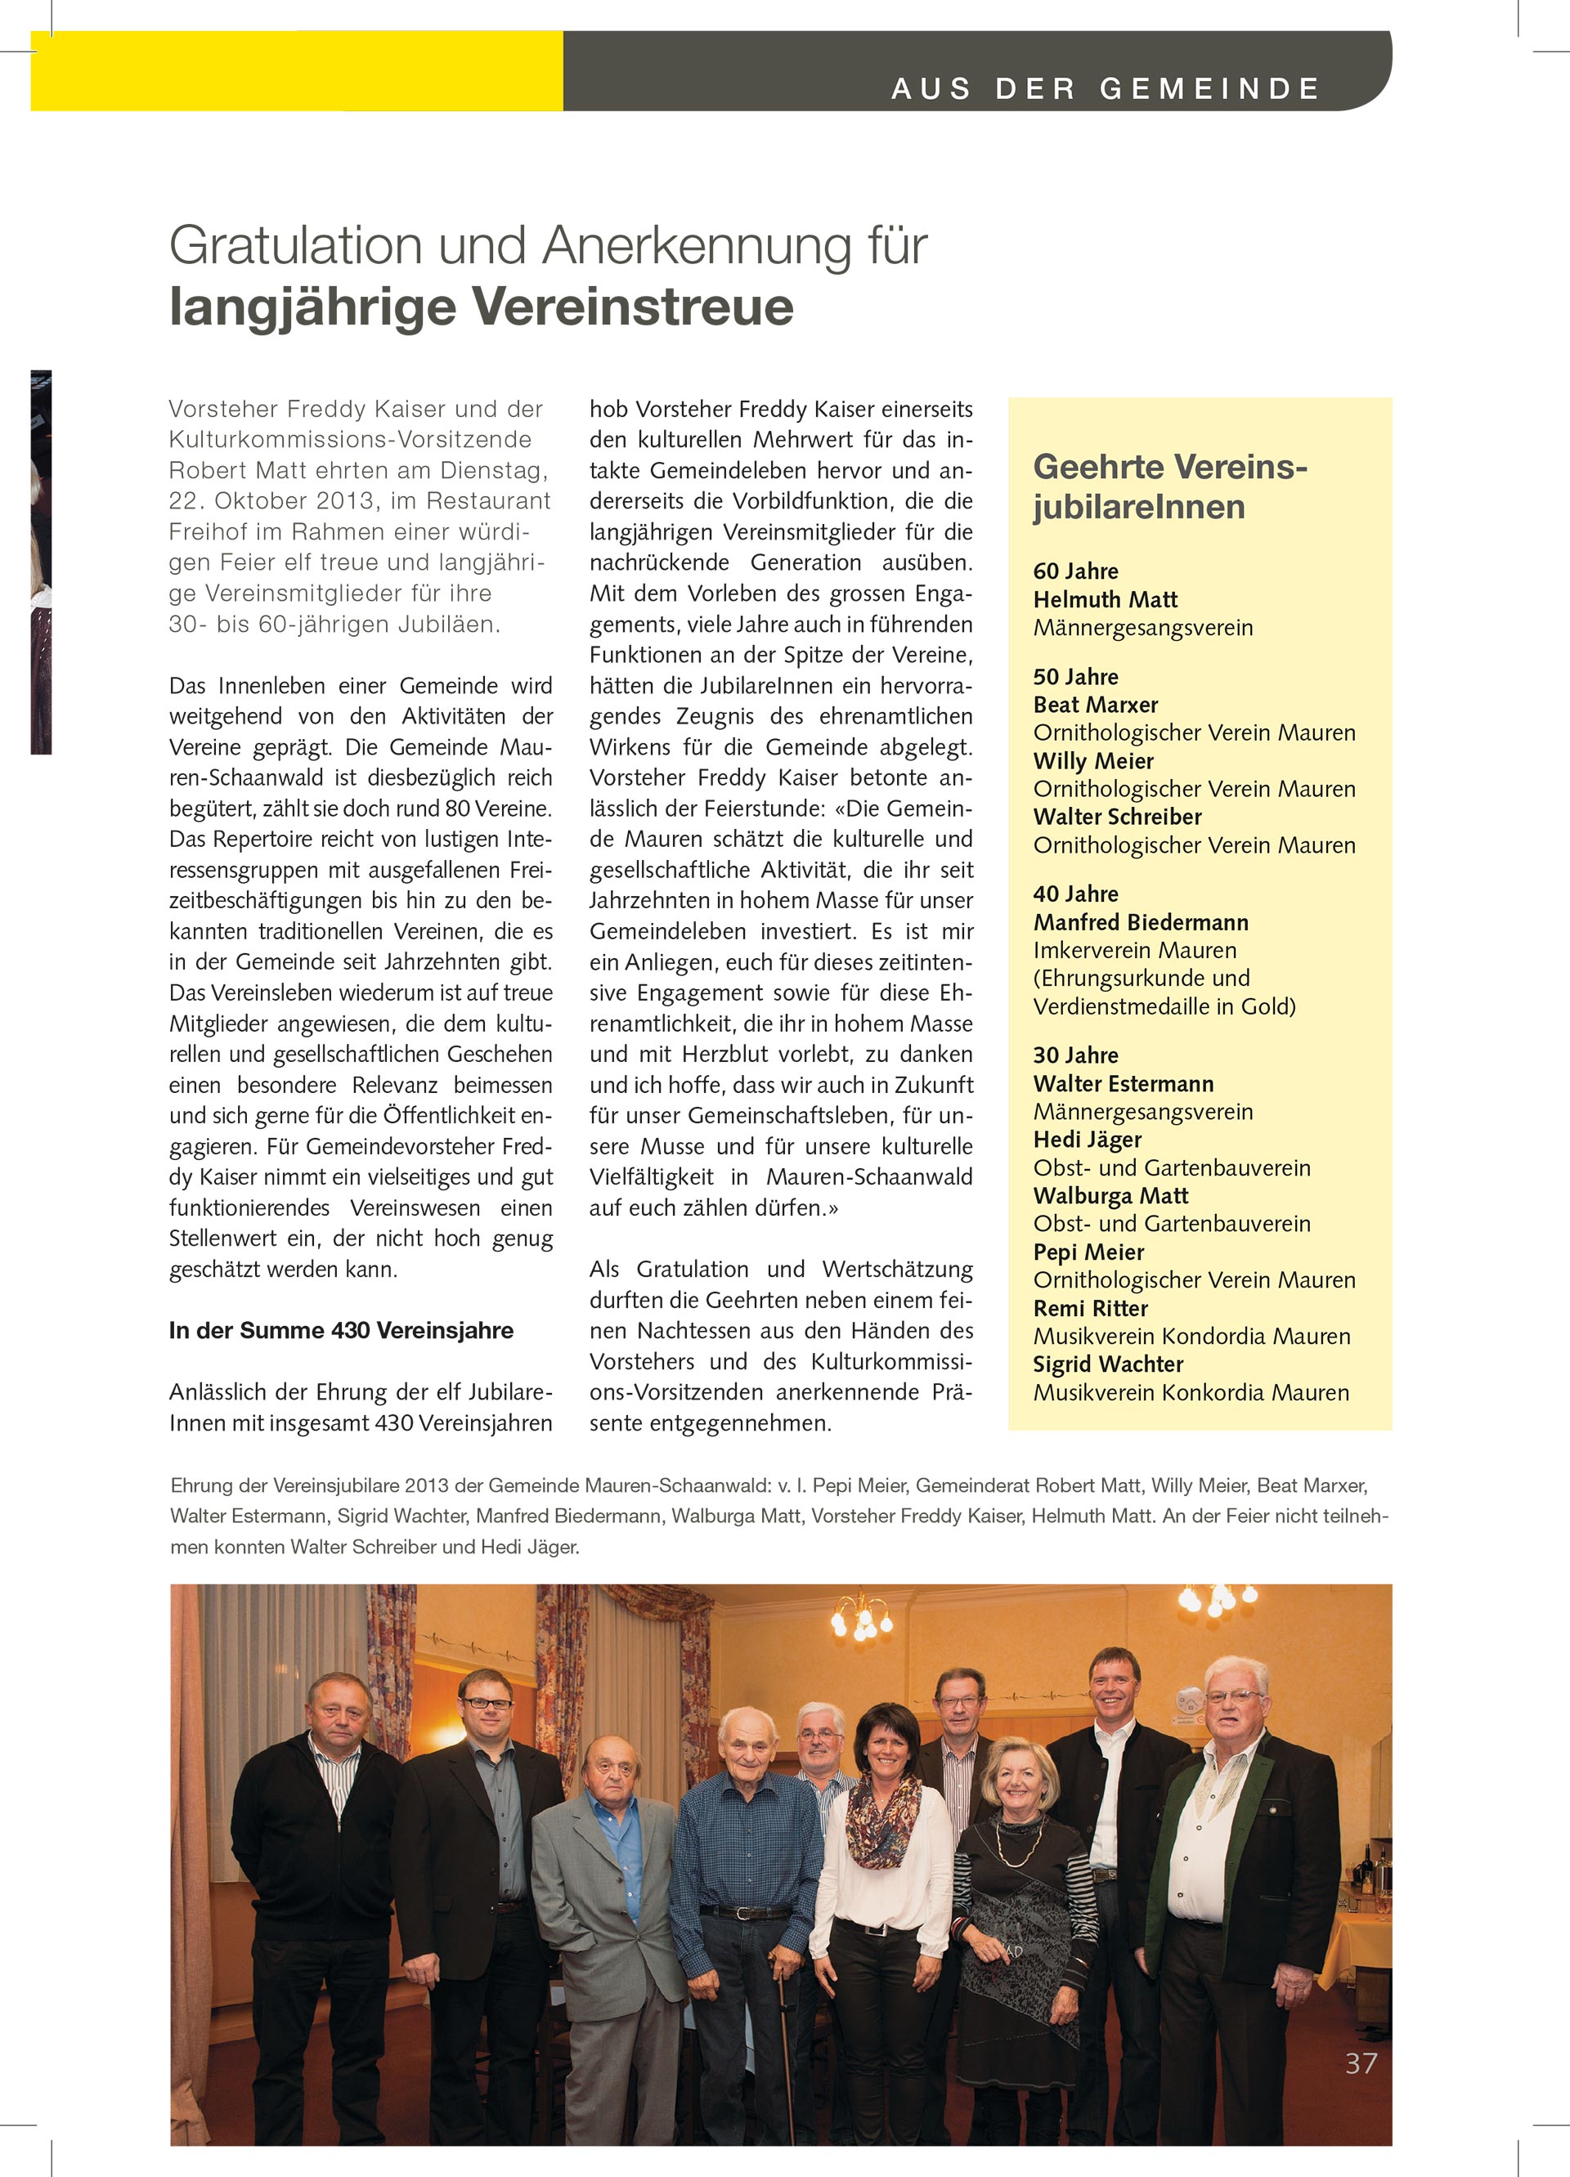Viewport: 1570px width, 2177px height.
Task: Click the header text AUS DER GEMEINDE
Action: (x=1106, y=89)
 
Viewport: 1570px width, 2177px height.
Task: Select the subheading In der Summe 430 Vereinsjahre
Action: (x=341, y=1330)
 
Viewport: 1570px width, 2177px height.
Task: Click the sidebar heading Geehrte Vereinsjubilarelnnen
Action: (x=1169, y=486)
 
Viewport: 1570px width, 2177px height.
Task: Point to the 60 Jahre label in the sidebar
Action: (x=1075, y=571)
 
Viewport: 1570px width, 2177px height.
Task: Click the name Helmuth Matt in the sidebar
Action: (x=1104, y=600)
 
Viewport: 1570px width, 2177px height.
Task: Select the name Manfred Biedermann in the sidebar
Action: (x=1141, y=922)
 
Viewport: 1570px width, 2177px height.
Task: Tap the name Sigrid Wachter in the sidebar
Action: (x=1107, y=1364)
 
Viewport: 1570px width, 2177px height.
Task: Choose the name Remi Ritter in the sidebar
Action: (x=1090, y=1308)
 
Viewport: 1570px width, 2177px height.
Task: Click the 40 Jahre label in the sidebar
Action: (x=1075, y=894)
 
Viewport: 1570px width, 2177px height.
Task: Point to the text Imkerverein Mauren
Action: (x=1134, y=950)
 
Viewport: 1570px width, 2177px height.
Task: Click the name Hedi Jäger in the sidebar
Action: (x=1087, y=1140)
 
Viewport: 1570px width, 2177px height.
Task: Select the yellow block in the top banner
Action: (x=296, y=71)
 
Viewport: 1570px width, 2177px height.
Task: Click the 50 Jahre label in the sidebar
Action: (x=1075, y=677)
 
